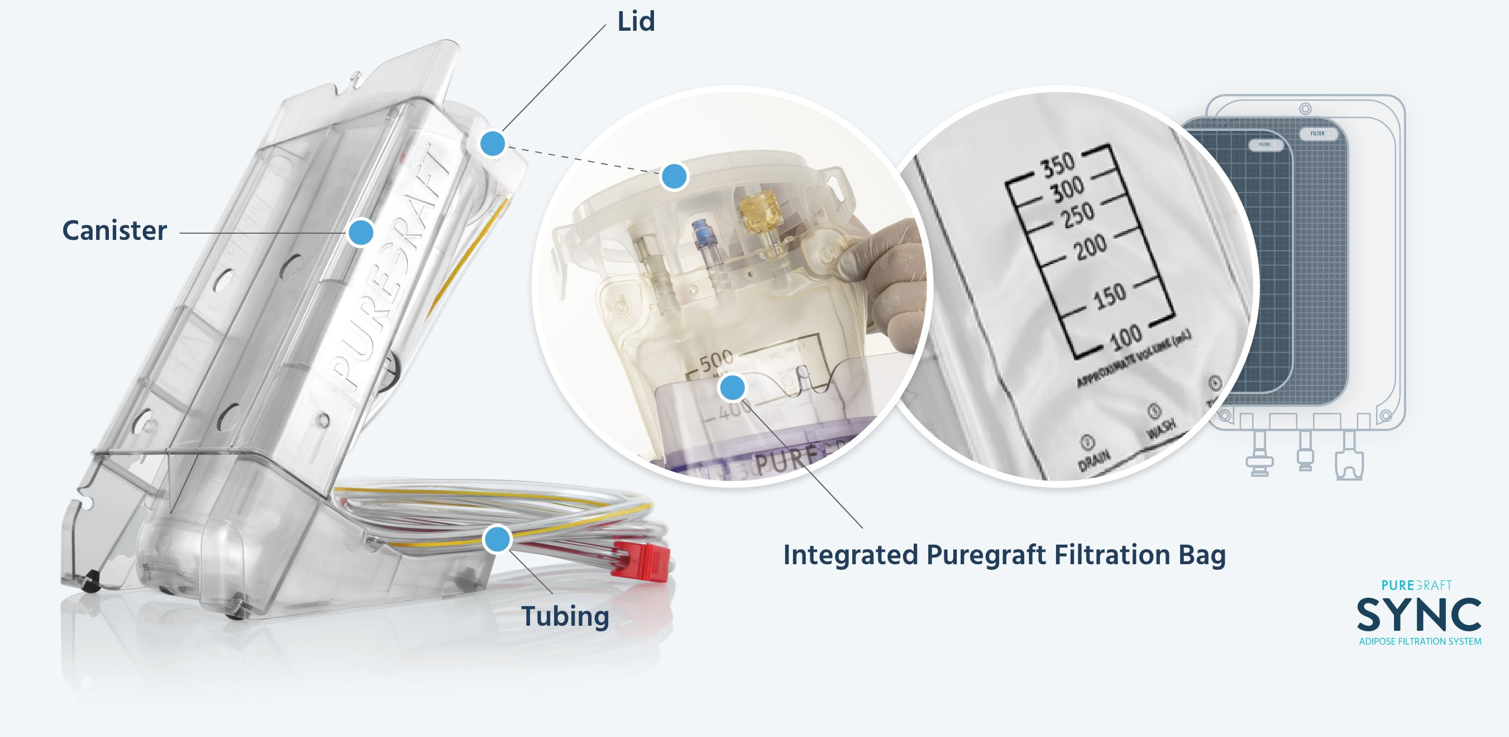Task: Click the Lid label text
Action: pos(636,22)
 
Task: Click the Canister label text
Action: pos(114,230)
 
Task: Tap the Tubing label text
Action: pos(565,616)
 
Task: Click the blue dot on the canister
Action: pos(360,232)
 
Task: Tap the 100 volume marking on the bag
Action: pos(1125,337)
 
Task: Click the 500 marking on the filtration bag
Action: pos(717,360)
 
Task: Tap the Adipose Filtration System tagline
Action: pos(1420,641)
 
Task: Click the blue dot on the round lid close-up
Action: pos(674,177)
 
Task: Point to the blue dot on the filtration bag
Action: pos(732,387)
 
